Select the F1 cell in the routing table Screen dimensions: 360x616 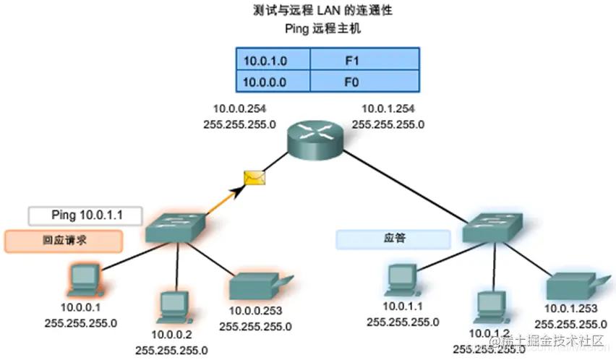pyautogui.click(x=364, y=58)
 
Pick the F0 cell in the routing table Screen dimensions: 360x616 pyautogui.click(x=364, y=81)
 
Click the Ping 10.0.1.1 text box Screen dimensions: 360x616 pyautogui.click(x=85, y=215)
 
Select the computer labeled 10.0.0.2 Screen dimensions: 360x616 pyautogui.click(x=172, y=306)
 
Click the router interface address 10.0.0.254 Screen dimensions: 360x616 pyautogui.click(x=240, y=109)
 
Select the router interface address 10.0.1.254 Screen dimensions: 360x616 pyautogui.click(x=389, y=109)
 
